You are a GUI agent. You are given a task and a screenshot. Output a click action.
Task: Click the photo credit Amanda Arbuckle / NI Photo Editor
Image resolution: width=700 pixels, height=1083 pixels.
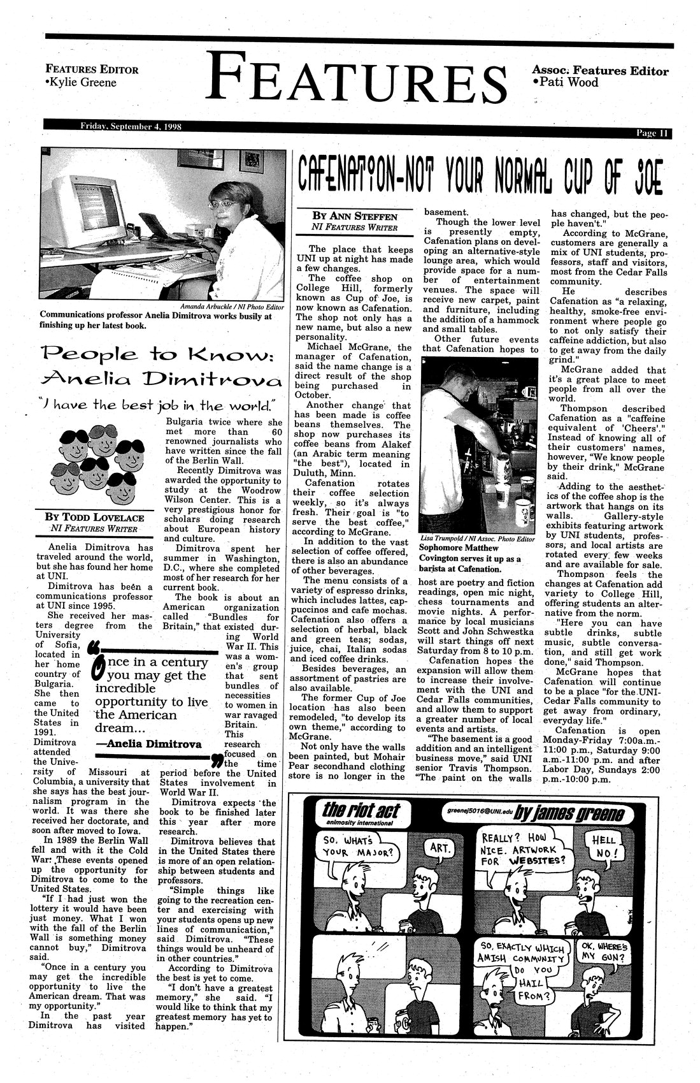[x=232, y=306]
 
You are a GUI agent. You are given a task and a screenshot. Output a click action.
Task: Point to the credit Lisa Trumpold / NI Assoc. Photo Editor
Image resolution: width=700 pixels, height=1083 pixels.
[x=476, y=539]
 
